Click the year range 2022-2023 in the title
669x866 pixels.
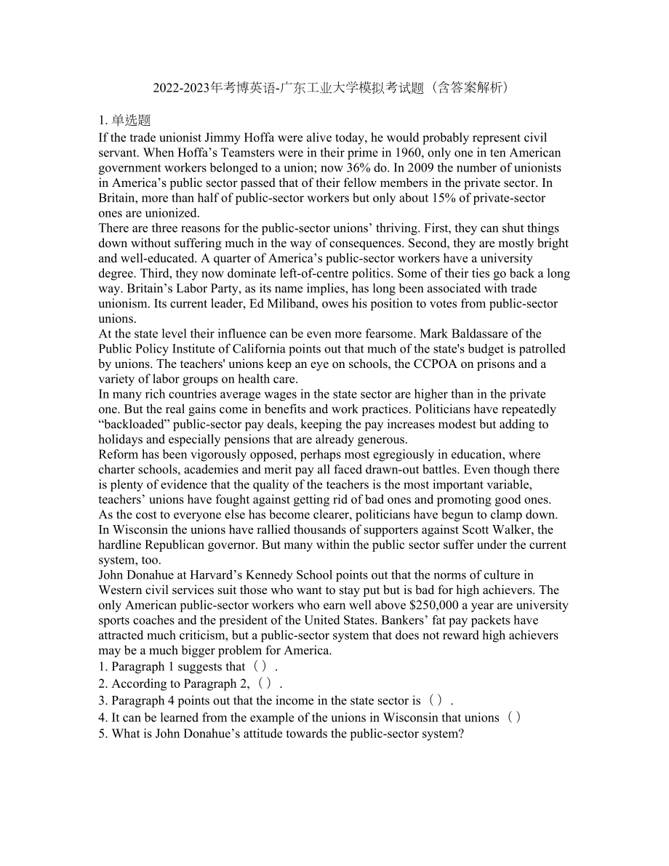[180, 88]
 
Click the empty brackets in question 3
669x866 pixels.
[436, 701]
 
